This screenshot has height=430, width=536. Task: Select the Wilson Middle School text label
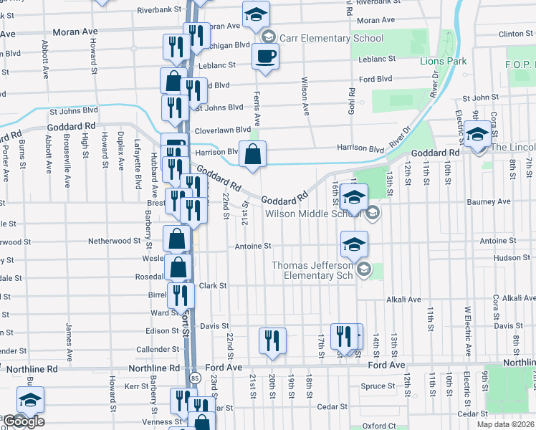point(314,213)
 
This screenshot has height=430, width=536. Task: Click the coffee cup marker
point(265,57)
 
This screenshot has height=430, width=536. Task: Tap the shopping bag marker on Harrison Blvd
point(252,153)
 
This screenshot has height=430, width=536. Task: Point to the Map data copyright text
point(506,424)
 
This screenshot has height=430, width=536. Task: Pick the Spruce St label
point(373,386)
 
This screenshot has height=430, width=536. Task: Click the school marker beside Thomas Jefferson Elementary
point(354,245)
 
